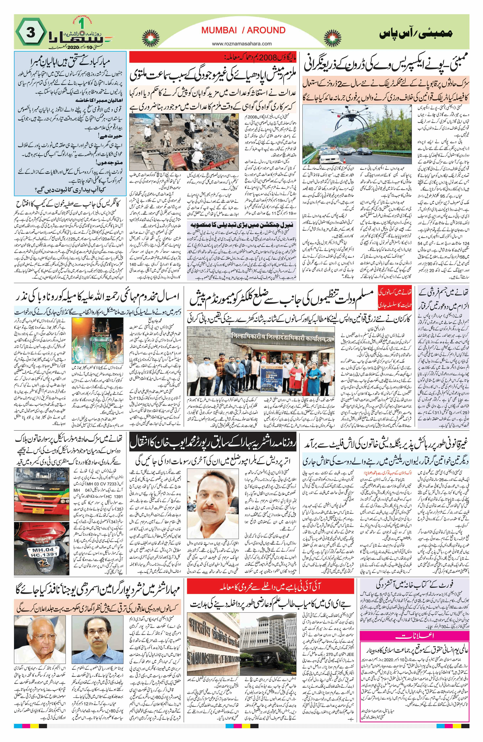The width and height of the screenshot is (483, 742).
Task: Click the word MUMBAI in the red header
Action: [x=218, y=30]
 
